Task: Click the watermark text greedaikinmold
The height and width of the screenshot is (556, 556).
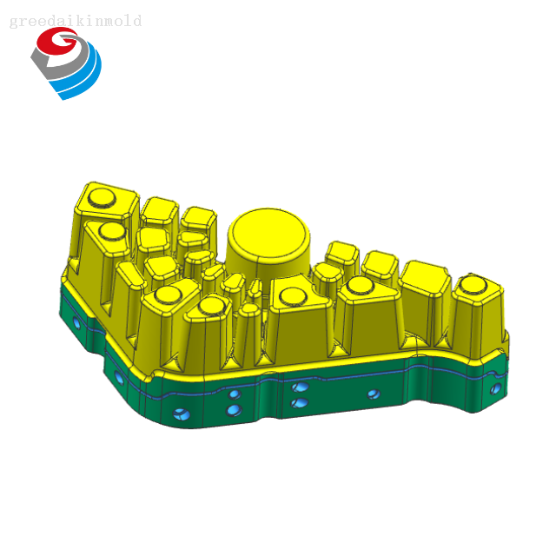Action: click(76, 21)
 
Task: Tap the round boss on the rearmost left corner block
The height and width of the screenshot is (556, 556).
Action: click(102, 198)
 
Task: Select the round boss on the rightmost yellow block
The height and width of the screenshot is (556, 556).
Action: click(473, 284)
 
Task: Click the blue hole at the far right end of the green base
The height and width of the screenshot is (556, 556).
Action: click(496, 388)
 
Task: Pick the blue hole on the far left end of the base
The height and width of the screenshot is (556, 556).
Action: click(76, 322)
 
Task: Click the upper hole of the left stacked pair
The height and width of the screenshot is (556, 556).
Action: click(235, 394)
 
